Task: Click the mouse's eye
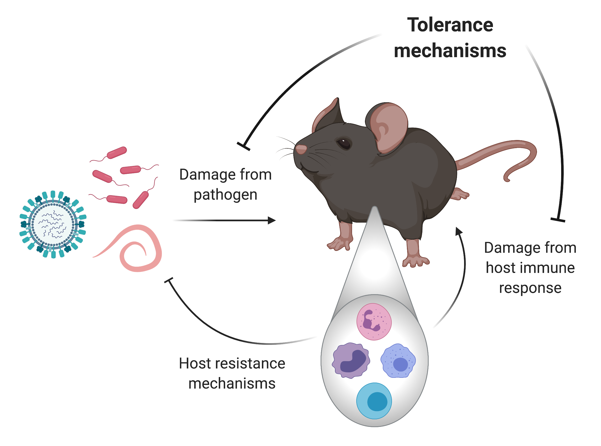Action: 344,144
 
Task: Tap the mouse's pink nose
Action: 301,149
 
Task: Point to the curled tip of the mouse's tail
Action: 508,178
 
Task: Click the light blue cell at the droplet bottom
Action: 374,401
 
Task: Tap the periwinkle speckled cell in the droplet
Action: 398,361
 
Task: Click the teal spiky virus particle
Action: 52,225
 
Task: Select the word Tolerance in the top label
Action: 450,26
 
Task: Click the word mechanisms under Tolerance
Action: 450,51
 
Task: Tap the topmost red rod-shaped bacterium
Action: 117,153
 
